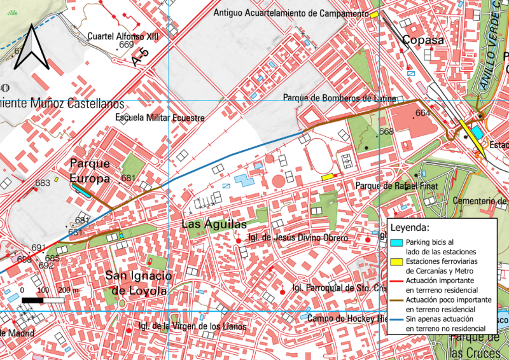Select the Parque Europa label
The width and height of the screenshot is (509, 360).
click(x=90, y=171)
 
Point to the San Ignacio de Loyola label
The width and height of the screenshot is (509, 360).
click(x=139, y=283)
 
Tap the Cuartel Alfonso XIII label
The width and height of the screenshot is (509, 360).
click(x=122, y=36)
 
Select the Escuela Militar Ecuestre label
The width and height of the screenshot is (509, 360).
click(x=160, y=118)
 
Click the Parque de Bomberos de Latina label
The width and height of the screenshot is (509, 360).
click(x=339, y=99)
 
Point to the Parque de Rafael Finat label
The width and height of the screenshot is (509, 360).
click(x=394, y=186)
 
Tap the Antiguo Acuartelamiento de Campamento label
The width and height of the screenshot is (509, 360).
click(x=292, y=13)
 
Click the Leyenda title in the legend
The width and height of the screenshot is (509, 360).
click(x=410, y=227)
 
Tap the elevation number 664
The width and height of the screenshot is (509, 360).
click(x=422, y=113)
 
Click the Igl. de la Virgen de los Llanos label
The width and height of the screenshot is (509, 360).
click(x=192, y=327)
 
